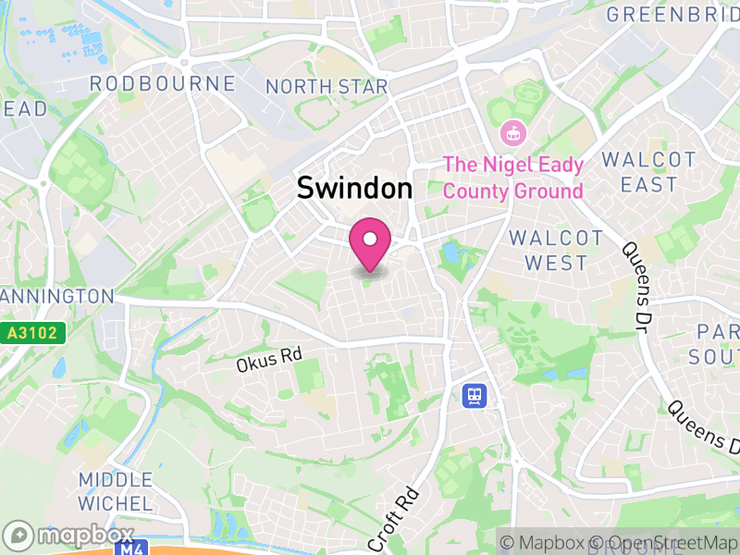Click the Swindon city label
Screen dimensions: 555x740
point(354,189)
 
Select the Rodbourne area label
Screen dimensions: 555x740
point(162,84)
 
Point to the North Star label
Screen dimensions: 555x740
point(327,87)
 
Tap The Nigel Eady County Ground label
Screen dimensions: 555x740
point(513,179)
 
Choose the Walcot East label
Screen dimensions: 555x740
point(648,172)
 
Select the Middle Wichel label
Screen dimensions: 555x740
point(115,491)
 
